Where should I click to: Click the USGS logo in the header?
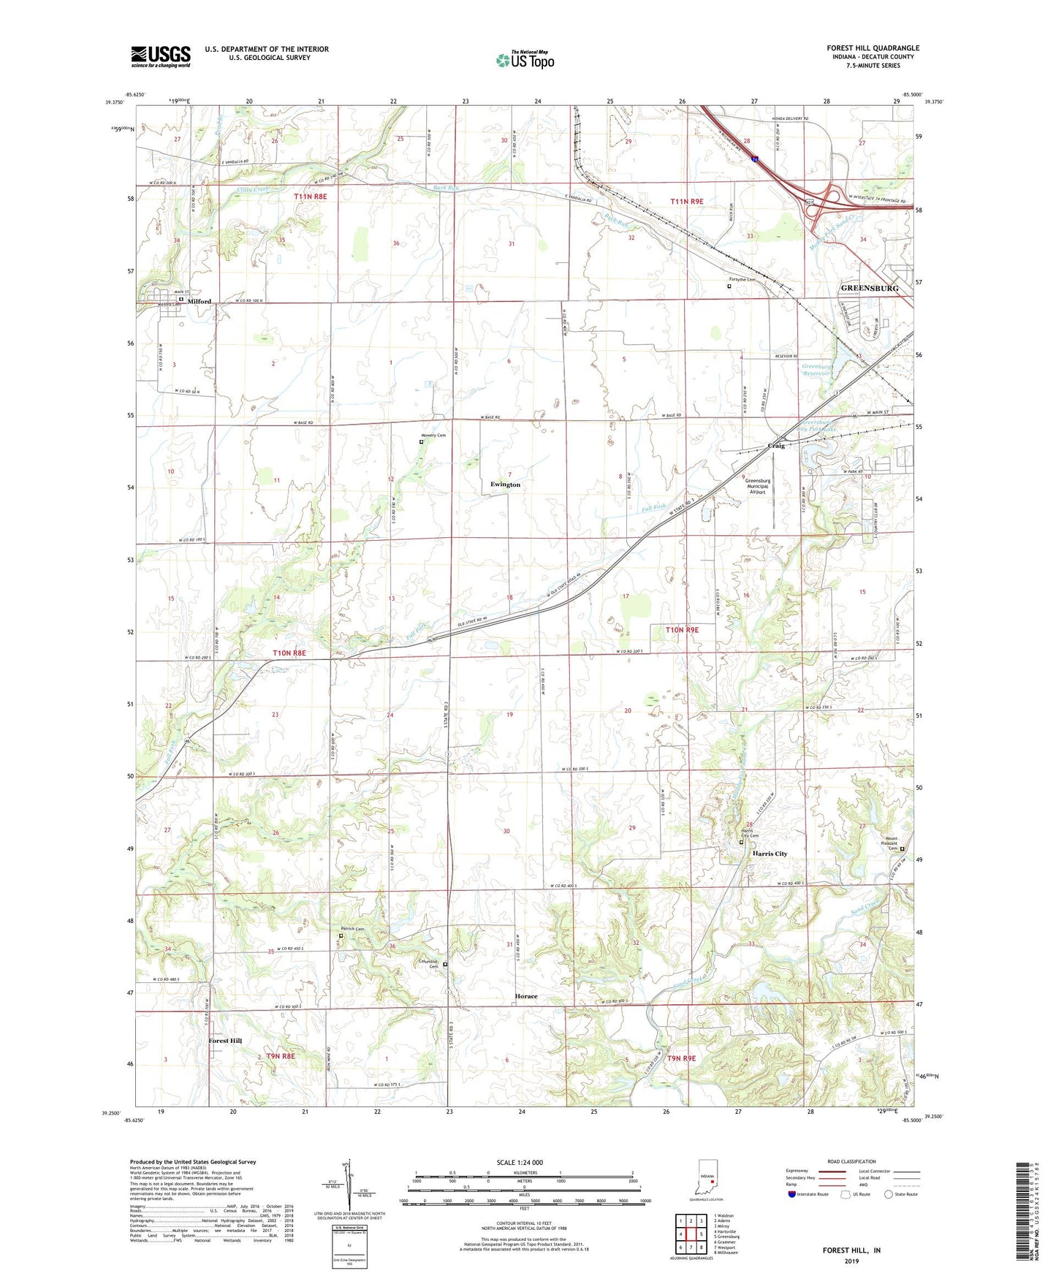click(161, 56)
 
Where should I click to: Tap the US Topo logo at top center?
click(524, 60)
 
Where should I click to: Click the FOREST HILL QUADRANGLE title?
click(873, 48)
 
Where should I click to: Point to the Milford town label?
click(199, 301)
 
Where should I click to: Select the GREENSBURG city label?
click(869, 289)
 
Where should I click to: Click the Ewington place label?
click(505, 485)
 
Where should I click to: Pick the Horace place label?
click(525, 996)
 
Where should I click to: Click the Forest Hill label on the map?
click(225, 1040)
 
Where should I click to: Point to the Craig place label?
click(776, 446)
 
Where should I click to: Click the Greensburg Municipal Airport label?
click(758, 486)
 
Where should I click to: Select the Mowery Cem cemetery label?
click(433, 436)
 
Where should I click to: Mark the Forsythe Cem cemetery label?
click(742, 280)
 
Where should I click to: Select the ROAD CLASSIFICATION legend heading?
click(852, 1161)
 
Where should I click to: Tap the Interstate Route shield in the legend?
click(793, 1195)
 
